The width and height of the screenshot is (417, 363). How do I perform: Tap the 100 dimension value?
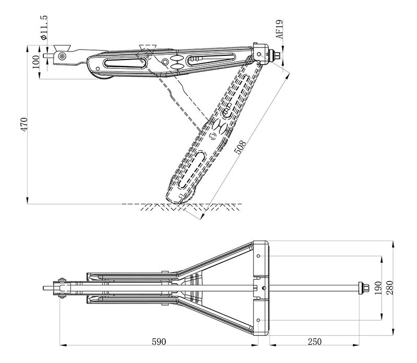35,61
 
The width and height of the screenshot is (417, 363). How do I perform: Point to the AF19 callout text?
280,30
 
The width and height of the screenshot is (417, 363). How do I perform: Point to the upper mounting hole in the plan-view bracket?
259,256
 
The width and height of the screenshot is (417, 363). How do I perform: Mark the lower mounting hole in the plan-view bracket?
259,319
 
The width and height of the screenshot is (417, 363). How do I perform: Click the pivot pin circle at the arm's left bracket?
63,56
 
